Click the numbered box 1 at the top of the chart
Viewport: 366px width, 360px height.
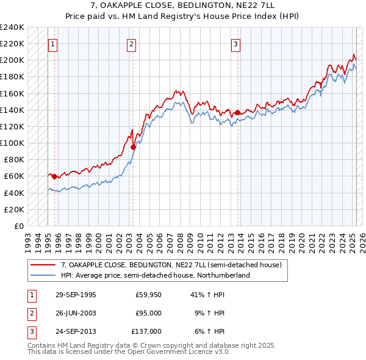[x=52, y=43]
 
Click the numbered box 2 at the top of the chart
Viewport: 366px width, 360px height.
[x=132, y=43]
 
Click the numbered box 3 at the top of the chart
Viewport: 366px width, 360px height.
[x=235, y=43]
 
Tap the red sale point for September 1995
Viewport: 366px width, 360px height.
[x=54, y=176]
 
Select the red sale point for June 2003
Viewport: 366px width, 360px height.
[x=133, y=147]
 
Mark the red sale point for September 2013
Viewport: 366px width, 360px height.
[x=237, y=112]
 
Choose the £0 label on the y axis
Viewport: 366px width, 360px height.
[x=18, y=226]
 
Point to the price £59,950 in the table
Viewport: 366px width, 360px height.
[x=148, y=295]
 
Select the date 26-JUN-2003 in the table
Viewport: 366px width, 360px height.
[x=76, y=313]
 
